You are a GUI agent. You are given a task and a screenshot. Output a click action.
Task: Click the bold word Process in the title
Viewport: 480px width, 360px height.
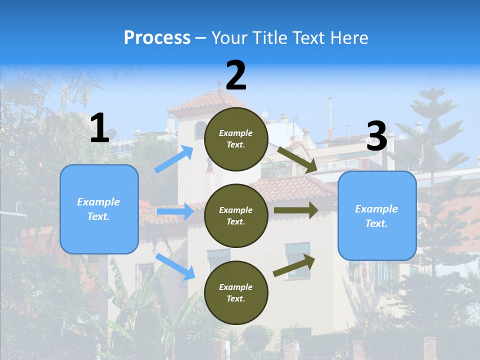pyautogui.click(x=157, y=38)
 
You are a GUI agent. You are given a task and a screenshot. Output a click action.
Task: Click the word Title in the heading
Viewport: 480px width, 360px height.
pyautogui.click(x=269, y=38)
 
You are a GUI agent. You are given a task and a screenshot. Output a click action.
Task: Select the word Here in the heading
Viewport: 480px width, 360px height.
pyautogui.click(x=348, y=38)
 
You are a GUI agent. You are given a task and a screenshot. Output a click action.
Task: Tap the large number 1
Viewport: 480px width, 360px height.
pyautogui.click(x=99, y=128)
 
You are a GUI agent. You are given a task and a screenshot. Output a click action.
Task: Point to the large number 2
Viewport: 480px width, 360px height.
pyautogui.click(x=236, y=75)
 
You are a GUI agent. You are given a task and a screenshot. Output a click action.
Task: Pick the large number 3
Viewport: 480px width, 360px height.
pyautogui.click(x=376, y=136)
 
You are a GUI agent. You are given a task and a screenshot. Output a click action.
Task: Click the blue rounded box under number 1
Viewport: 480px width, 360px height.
pyautogui.click(x=99, y=209)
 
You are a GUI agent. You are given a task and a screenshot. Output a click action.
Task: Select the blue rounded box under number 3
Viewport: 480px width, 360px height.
pyautogui.click(x=377, y=215)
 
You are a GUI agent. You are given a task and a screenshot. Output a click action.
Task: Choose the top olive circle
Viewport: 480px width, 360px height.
pyautogui.click(x=236, y=139)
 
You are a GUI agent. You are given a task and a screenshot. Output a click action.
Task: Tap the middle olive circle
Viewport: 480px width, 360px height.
pyautogui.click(x=236, y=215)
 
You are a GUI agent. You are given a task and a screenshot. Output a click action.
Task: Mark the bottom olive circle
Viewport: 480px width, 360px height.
pyautogui.click(x=236, y=292)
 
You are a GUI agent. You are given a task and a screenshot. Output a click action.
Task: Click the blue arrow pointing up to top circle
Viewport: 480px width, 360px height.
pyautogui.click(x=174, y=159)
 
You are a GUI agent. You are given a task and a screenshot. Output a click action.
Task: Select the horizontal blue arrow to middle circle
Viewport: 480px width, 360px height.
pyautogui.click(x=175, y=211)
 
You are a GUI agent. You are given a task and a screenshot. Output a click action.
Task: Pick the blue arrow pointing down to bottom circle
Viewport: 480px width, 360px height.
pyautogui.click(x=175, y=266)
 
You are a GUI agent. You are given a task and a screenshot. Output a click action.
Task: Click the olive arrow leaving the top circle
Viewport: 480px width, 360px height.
pyautogui.click(x=297, y=160)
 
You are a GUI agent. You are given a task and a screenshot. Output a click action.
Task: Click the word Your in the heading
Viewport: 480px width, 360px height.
pyautogui.click(x=229, y=38)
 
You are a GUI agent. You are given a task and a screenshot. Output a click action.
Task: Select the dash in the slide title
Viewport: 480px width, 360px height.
pyautogui.click(x=201, y=38)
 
